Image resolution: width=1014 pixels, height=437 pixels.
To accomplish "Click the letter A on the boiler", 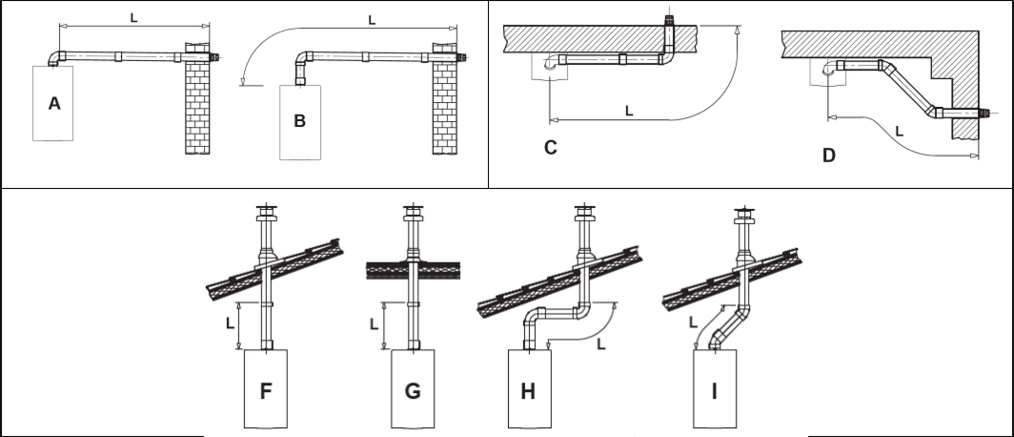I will [54, 103].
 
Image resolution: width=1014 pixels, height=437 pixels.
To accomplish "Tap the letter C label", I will [550, 147].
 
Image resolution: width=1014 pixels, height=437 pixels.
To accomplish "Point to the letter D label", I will [828, 155].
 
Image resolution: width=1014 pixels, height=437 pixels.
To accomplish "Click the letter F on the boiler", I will [267, 390].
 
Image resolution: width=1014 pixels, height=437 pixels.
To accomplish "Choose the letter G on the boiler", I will [413, 390].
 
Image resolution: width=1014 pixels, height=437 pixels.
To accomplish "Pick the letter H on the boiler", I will [528, 391].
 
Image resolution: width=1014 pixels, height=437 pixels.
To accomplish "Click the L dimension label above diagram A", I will [132, 15].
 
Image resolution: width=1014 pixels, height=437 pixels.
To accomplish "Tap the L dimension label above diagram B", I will [371, 20].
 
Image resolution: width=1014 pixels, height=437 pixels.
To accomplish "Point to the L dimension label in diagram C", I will [628, 111].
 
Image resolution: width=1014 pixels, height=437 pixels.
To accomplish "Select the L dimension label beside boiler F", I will [230, 323].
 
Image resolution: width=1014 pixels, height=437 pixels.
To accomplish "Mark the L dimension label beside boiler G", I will [375, 323].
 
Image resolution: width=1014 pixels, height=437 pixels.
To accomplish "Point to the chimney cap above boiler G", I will [412, 210].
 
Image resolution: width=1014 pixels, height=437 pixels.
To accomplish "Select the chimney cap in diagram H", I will [583, 210].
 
